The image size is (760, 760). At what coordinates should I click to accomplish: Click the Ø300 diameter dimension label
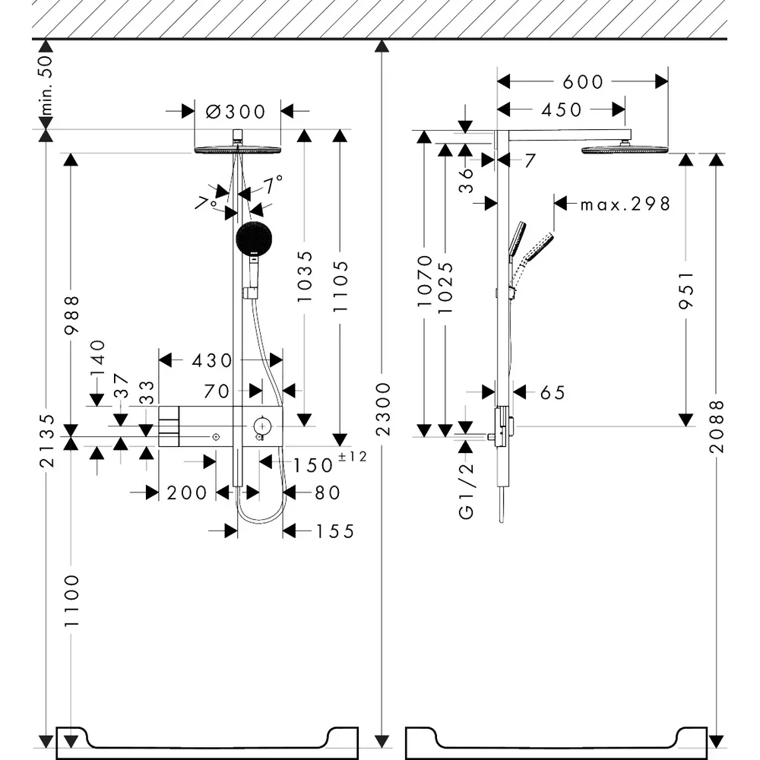pyautogui.click(x=236, y=112)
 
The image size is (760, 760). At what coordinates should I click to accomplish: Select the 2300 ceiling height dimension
pyautogui.click(x=383, y=409)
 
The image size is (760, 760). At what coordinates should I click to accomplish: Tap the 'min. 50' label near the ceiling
pyautogui.click(x=46, y=84)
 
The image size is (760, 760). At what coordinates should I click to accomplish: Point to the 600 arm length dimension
pyautogui.click(x=583, y=82)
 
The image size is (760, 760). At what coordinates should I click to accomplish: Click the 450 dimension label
pyautogui.click(x=562, y=110)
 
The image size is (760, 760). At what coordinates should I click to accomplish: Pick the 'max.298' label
pyautogui.click(x=625, y=204)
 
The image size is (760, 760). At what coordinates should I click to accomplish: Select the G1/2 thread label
pyautogui.click(x=466, y=490)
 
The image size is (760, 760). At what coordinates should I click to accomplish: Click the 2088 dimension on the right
pyautogui.click(x=717, y=426)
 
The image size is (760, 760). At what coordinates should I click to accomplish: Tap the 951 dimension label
pyautogui.click(x=686, y=290)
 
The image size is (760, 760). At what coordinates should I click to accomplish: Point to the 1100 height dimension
pyautogui.click(x=71, y=600)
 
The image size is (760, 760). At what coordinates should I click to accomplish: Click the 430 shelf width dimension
pyautogui.click(x=212, y=360)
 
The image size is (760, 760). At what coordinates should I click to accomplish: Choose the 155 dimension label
pyautogui.click(x=335, y=532)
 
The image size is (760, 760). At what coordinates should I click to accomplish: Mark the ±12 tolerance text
pyautogui.click(x=353, y=456)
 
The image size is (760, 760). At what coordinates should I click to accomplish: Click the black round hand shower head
pyautogui.click(x=254, y=238)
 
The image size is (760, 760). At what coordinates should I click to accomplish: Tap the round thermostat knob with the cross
pyautogui.click(x=262, y=426)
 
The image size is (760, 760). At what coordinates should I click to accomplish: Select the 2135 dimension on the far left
pyautogui.click(x=47, y=440)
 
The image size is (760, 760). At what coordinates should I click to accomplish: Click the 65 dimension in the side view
pyautogui.click(x=553, y=393)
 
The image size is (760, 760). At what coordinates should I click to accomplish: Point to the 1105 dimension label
pyautogui.click(x=340, y=286)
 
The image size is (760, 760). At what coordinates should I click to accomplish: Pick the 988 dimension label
pyautogui.click(x=71, y=315)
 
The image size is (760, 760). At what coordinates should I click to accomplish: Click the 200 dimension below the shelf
pyautogui.click(x=187, y=493)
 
